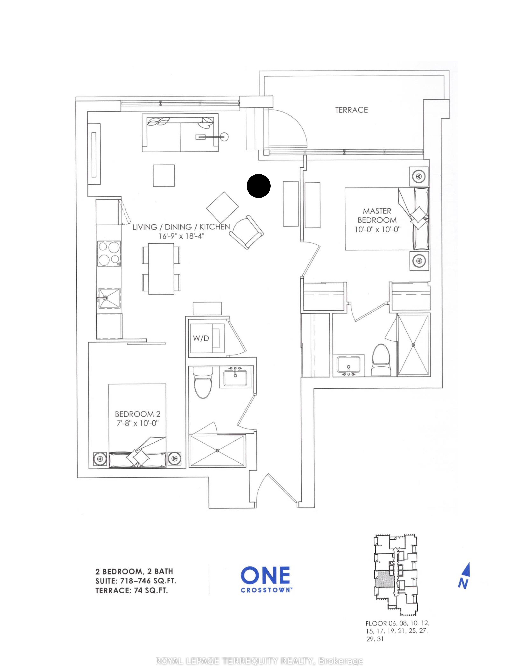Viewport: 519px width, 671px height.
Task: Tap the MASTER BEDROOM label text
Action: [377, 216]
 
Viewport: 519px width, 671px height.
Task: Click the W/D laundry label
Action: [201, 338]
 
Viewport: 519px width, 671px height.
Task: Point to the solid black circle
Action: [259, 186]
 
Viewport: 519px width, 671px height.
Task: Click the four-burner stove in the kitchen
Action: [109, 254]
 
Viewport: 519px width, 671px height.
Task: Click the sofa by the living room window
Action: [180, 133]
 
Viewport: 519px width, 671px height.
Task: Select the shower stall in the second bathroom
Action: [217, 451]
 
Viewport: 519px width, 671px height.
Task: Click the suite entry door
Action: [277, 489]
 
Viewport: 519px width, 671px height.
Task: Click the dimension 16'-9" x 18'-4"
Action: [181, 236]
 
